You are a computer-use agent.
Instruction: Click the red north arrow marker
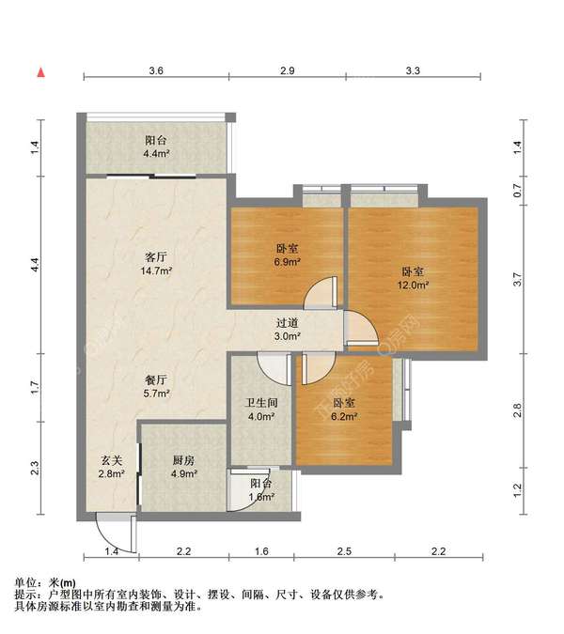click(x=40, y=72)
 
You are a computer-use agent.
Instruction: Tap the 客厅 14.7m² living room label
click(x=156, y=264)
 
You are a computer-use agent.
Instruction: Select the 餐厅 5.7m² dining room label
click(x=156, y=386)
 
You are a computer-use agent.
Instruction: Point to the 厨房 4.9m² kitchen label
click(x=183, y=467)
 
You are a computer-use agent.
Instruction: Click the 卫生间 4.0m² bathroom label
click(x=261, y=410)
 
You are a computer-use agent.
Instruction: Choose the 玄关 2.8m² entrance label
click(x=111, y=467)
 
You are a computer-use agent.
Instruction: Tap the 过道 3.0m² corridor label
click(x=288, y=329)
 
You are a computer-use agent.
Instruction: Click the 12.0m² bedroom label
click(x=413, y=278)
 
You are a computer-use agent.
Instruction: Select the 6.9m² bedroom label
click(x=288, y=255)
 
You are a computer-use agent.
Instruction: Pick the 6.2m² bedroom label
click(x=344, y=410)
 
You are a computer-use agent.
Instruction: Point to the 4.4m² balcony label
click(x=156, y=147)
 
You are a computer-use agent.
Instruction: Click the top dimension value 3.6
click(x=156, y=70)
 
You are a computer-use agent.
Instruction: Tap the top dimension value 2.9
click(x=288, y=70)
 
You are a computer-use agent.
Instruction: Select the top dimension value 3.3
click(x=413, y=70)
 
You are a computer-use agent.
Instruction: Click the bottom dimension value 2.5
click(x=344, y=551)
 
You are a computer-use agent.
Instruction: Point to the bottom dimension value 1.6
click(x=261, y=551)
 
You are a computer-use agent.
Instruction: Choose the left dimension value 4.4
click(x=35, y=265)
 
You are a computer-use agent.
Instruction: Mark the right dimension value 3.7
click(x=518, y=279)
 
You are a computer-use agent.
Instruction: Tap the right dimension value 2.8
click(x=518, y=410)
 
